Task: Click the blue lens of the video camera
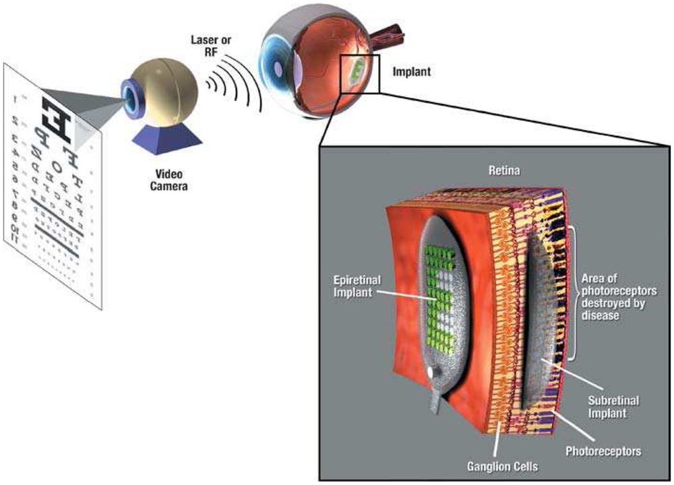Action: click(129, 97)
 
